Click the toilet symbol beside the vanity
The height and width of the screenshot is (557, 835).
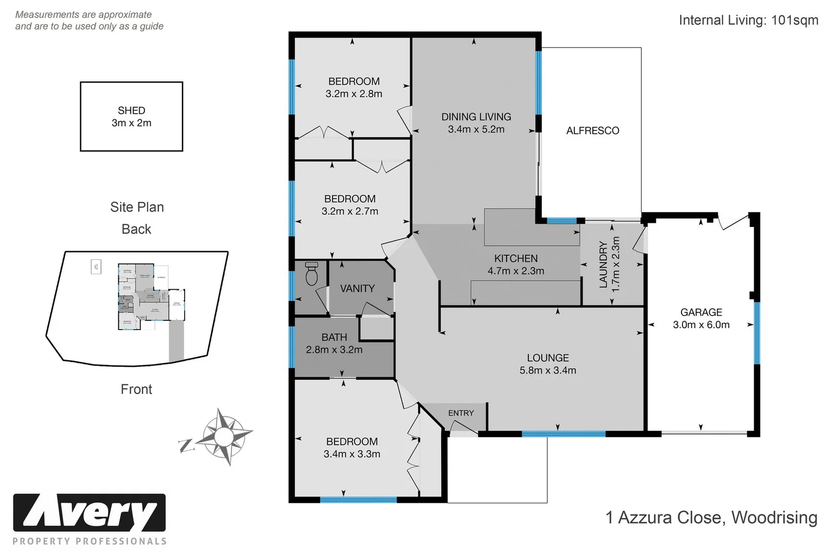tap(311, 274)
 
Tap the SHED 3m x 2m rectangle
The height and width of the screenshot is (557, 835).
tap(131, 117)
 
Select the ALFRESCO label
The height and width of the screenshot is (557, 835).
tap(592, 131)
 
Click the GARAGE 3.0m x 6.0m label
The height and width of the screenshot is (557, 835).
tap(701, 319)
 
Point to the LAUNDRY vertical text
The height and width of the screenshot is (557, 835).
tap(604, 264)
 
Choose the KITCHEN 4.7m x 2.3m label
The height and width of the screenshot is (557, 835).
tap(515, 265)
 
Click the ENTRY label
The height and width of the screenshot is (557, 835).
tap(461, 413)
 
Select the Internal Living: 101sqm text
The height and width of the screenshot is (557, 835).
tap(748, 21)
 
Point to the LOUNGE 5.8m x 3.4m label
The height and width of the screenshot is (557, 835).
tap(547, 364)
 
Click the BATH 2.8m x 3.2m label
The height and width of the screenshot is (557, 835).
tap(334, 343)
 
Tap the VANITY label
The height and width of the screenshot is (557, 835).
tap(357, 289)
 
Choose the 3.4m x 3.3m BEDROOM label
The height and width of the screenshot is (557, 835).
tap(352, 448)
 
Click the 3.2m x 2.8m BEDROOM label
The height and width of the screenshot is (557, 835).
tap(354, 88)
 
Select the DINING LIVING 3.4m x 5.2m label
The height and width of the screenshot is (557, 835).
tap(476, 123)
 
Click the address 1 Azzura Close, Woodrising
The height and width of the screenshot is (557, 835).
tap(711, 517)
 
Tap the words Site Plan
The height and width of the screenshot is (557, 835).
tap(137, 207)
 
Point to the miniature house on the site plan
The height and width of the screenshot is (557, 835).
tap(144, 297)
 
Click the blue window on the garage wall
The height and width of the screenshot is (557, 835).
tap(757, 333)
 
